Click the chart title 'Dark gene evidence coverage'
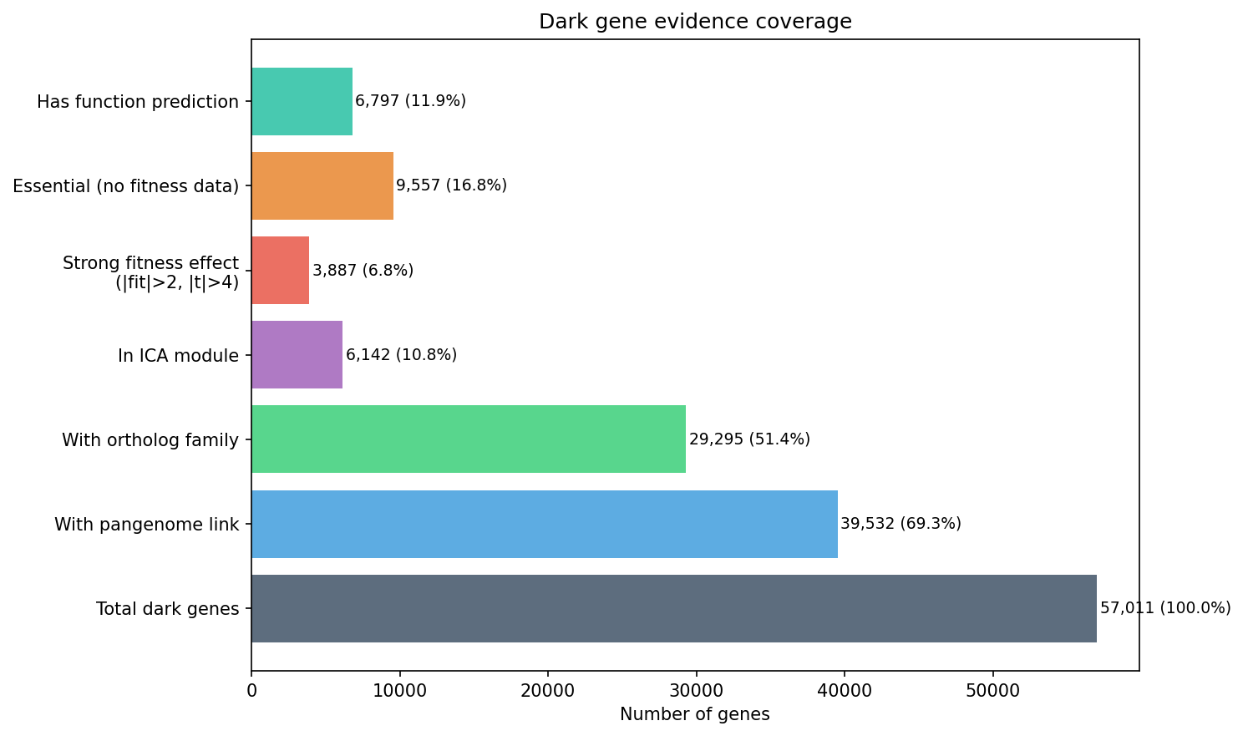695,22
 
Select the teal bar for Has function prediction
302,102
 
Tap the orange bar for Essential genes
322,186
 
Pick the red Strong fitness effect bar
280,271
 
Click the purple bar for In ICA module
297,355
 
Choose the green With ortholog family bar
468,439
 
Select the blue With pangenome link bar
544,524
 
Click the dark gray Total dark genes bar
673,608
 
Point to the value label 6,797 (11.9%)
410,101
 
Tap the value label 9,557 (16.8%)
451,185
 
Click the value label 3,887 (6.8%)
363,271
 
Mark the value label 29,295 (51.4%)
749,439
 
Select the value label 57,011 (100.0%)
1165,608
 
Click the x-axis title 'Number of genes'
695,715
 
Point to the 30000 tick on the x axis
696,691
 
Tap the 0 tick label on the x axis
251,691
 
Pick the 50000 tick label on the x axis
992,691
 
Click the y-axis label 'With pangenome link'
147,525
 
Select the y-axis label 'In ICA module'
178,356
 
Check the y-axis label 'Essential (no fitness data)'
126,186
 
